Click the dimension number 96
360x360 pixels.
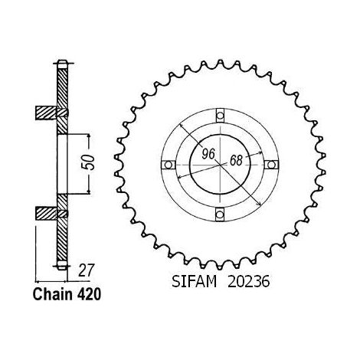tap(208, 153)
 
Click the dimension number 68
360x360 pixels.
tap(236, 160)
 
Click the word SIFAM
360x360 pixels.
tap(194, 282)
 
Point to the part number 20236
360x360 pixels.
tap(248, 282)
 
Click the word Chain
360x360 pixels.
tap(53, 294)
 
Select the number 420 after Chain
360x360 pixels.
tap(89, 294)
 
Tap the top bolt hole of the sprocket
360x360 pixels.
tap(220, 116)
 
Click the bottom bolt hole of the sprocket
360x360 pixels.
tap(220, 214)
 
